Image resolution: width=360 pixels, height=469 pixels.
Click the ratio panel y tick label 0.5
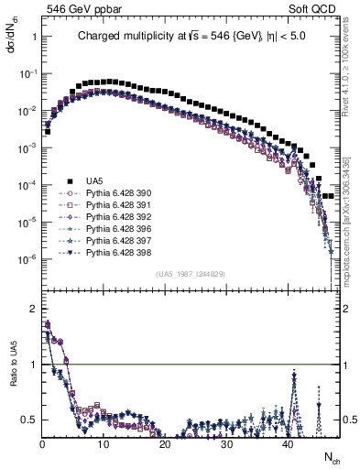(x=28, y=420)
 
